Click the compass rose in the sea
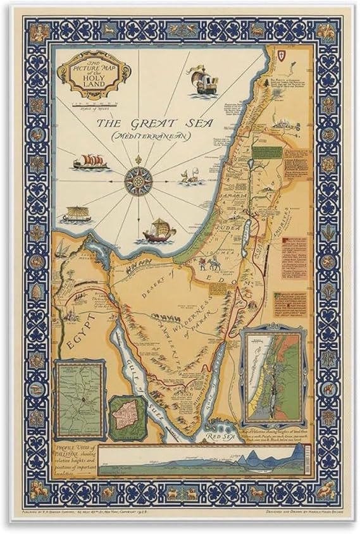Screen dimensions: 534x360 coord(136,181)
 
